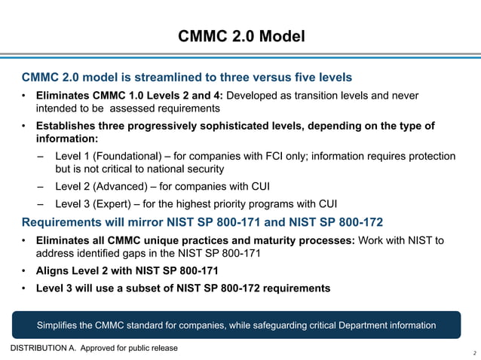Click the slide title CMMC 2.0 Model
pos(241,35)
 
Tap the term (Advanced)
pos(119,187)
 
